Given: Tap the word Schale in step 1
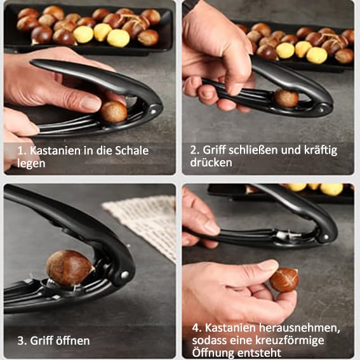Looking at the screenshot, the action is (131, 150).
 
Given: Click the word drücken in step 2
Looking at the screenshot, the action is (211, 163).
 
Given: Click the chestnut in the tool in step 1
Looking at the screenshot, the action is (114, 112).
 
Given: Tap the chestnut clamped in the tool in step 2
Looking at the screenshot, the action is (286, 98).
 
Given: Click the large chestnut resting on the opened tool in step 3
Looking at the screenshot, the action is (70, 267).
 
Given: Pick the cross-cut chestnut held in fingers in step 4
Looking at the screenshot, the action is (284, 280).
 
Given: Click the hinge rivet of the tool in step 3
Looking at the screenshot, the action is (124, 275).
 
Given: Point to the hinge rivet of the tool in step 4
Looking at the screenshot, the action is (325, 237).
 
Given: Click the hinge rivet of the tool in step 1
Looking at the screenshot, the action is (154, 112).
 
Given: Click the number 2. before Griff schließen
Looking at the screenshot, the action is (194, 150).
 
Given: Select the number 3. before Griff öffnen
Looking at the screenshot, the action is (22, 341).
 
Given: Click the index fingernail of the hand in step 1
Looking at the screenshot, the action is (90, 103).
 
